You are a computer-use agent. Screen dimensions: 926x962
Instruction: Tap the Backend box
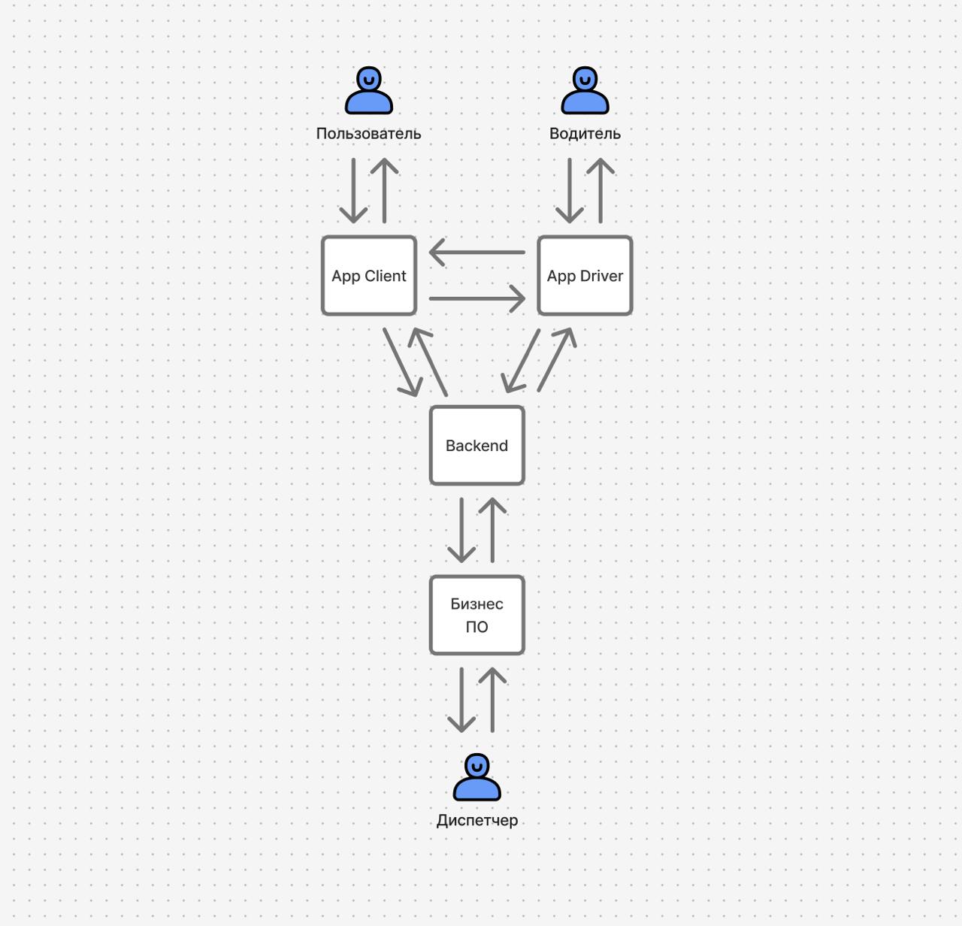(x=476, y=446)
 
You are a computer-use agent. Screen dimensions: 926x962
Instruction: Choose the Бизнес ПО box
(x=476, y=615)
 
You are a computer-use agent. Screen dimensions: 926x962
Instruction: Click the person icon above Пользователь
(x=369, y=91)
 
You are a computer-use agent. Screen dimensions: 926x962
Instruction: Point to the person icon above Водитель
(x=585, y=91)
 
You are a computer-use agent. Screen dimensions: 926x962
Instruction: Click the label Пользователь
(x=368, y=134)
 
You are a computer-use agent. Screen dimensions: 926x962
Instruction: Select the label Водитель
(x=585, y=134)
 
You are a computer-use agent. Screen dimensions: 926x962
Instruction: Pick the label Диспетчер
(x=476, y=821)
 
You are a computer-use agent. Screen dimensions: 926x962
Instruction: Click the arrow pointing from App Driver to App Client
(x=476, y=253)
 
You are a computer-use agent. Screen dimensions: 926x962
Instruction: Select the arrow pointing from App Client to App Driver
(x=476, y=298)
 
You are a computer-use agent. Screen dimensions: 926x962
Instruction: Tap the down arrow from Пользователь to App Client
(x=353, y=190)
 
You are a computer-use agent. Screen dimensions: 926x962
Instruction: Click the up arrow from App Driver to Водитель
(x=600, y=190)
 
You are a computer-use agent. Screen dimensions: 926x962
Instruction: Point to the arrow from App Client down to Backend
(x=401, y=362)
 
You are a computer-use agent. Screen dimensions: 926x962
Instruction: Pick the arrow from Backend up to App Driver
(x=557, y=360)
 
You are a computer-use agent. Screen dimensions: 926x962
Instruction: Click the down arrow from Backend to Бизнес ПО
(x=461, y=530)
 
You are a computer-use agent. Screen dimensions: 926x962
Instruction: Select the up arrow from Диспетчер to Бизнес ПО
(x=492, y=700)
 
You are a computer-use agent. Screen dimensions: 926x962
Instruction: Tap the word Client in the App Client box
(x=386, y=276)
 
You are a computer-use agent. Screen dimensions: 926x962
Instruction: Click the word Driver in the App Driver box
(x=601, y=276)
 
